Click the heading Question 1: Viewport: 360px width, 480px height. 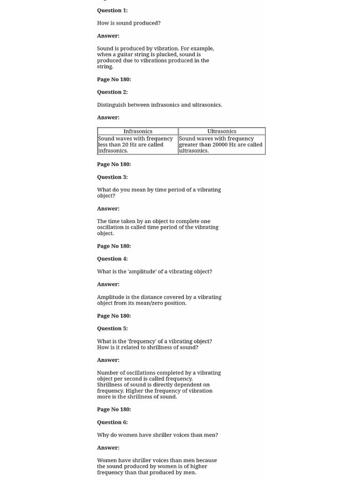click(112, 10)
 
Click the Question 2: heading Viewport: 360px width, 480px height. click(112, 92)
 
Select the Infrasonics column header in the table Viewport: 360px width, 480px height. click(138, 131)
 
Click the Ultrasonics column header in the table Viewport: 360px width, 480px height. click(222, 131)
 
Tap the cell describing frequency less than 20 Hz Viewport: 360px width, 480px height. click(135, 144)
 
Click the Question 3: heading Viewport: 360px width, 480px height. click(112, 177)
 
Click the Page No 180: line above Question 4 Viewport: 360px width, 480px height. click(114, 246)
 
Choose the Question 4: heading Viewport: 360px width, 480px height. click(112, 259)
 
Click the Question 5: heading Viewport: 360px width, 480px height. click(112, 329)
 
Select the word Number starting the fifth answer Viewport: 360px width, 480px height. click(107, 373)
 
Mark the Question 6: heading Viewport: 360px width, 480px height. click(112, 422)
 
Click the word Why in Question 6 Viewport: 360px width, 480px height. click(103, 435)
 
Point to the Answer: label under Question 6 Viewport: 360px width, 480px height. click(108, 448)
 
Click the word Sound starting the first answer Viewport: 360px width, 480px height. click(105, 49)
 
